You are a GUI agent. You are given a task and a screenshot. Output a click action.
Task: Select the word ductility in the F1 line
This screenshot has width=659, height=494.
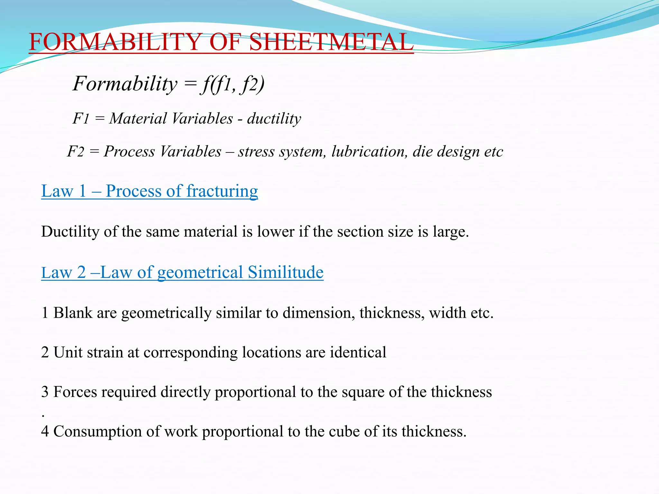(x=274, y=119)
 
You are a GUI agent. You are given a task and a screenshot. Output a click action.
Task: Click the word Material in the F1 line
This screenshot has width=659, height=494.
(x=138, y=119)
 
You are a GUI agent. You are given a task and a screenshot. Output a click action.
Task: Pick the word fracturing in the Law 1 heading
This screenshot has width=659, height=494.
(x=222, y=191)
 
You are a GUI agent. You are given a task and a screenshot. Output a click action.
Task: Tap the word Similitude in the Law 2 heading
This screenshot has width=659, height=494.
(x=285, y=272)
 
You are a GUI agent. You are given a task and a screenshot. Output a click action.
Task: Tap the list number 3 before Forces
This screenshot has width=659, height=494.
(x=45, y=392)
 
